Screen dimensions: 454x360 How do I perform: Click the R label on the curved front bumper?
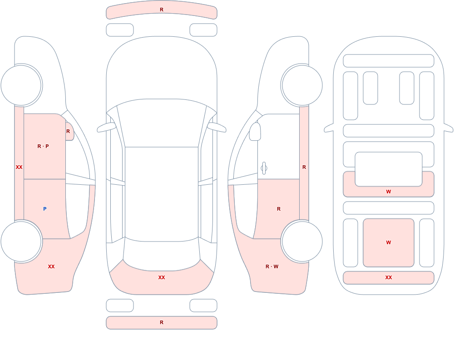tap(162, 10)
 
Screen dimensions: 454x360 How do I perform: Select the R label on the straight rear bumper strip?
tap(162, 322)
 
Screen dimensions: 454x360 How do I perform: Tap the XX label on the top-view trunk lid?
tap(162, 277)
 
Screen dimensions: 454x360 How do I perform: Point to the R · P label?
tap(43, 146)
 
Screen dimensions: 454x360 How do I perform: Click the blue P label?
tap(44, 209)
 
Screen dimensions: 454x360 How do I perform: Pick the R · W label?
tap(272, 266)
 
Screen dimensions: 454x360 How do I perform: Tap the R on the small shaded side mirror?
tap(68, 131)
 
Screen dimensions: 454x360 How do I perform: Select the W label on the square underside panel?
tap(389, 242)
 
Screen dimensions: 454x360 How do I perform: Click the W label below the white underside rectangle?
tap(389, 192)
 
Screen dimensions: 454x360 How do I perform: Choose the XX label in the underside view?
tap(389, 277)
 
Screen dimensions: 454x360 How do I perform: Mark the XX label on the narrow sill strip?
tap(19, 167)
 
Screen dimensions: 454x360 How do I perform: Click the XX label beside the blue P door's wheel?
tap(51, 266)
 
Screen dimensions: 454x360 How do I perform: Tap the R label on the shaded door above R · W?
tap(279, 209)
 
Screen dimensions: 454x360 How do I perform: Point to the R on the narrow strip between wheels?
tap(304, 167)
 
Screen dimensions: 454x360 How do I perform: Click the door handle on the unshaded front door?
tap(264, 168)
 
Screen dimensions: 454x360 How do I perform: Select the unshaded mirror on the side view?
tap(255, 132)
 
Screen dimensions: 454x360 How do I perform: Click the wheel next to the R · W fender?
tap(302, 241)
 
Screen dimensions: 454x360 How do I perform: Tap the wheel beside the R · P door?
tap(21, 85)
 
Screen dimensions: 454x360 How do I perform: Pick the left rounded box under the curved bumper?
tap(120, 30)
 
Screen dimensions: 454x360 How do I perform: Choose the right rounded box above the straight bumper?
tap(203, 306)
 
